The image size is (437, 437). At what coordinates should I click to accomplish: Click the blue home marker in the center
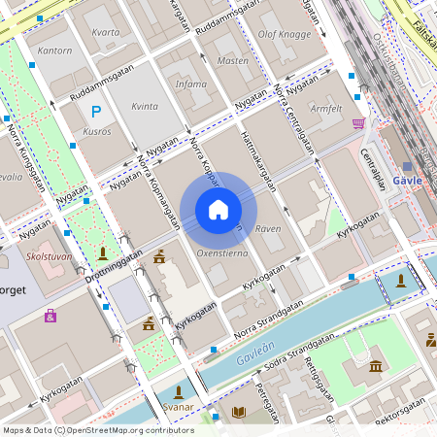[x=218, y=210]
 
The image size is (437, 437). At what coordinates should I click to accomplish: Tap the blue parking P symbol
[x=96, y=113]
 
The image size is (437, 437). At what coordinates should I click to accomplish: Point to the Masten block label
[x=233, y=60]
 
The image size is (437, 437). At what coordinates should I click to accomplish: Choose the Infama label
[x=190, y=84]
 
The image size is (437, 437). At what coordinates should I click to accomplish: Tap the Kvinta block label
[x=144, y=107]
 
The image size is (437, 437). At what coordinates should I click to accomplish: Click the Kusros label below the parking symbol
[x=97, y=130]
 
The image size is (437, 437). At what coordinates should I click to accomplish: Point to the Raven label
[x=268, y=229]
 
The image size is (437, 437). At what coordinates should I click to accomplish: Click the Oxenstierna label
[x=221, y=252]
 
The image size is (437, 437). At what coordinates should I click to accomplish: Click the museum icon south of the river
[x=376, y=365]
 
